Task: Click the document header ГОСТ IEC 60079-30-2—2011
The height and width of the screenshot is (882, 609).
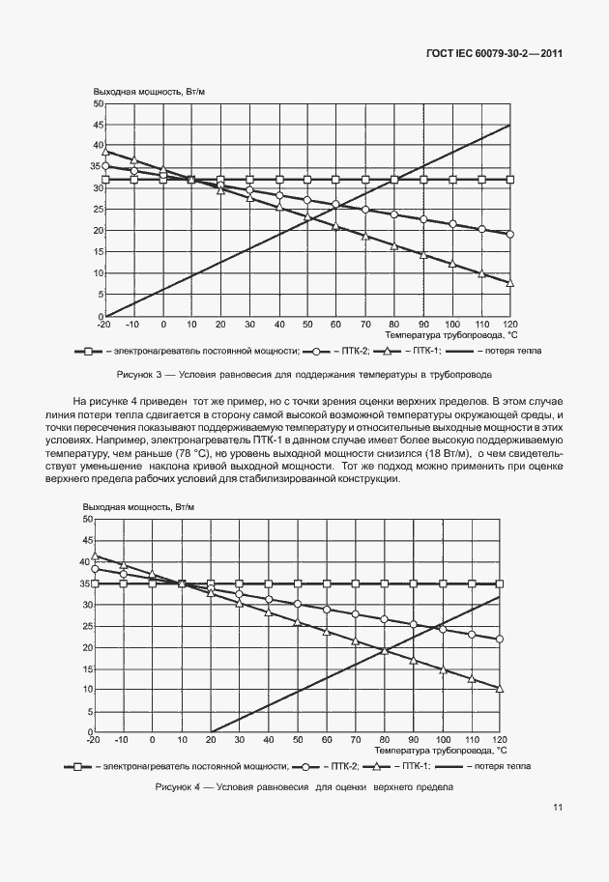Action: (493, 54)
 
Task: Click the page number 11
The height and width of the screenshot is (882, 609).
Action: (559, 808)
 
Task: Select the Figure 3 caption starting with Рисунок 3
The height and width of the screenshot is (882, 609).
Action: (304, 373)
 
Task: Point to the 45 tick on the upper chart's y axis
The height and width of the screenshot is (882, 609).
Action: (99, 125)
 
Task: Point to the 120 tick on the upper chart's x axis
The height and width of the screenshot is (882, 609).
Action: (510, 326)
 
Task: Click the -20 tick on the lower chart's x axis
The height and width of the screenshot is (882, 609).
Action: (94, 740)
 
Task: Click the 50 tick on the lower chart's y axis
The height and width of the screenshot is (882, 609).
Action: (85, 520)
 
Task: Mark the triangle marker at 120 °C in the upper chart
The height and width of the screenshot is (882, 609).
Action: (510, 283)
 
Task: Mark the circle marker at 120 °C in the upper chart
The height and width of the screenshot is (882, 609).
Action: (510, 234)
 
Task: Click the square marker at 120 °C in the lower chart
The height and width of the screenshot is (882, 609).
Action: (500, 583)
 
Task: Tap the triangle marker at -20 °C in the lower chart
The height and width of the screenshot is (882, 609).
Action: (95, 555)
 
